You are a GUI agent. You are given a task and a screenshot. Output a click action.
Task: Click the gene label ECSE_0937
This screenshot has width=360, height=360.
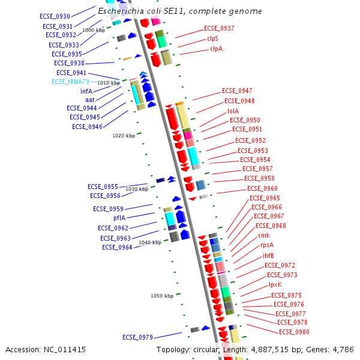[x=219, y=28]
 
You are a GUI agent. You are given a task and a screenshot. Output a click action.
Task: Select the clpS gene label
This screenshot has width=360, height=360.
[x=213, y=38]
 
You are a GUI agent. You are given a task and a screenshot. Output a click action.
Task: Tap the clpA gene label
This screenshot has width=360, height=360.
[x=216, y=49]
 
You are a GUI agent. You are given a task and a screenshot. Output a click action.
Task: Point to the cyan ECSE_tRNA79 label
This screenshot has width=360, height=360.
[x=70, y=82]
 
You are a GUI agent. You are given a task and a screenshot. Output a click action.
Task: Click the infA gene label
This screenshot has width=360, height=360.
[x=86, y=91]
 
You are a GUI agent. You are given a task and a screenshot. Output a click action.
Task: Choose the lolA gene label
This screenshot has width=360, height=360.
[x=233, y=111]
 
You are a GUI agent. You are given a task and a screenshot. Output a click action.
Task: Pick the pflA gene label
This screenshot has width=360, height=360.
[x=119, y=218]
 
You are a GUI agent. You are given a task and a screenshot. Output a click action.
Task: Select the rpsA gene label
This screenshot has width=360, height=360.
[x=267, y=245]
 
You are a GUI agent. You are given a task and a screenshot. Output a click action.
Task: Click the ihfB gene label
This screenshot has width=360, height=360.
[x=268, y=256]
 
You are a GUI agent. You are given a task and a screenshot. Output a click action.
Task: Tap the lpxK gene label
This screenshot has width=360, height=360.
[x=275, y=284]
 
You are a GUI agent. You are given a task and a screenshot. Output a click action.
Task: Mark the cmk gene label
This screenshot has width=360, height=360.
[x=264, y=235]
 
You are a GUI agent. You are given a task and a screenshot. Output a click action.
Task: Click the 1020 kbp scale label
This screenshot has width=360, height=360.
[x=124, y=136]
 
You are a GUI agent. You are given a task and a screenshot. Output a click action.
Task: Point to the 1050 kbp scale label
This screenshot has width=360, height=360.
[x=162, y=296]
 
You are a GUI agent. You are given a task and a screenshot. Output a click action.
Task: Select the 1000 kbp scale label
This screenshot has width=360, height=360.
[x=94, y=30]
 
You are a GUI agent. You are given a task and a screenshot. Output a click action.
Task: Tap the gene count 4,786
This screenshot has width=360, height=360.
[x=342, y=349]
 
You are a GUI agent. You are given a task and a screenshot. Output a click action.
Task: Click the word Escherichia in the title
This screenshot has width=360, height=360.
[x=124, y=11]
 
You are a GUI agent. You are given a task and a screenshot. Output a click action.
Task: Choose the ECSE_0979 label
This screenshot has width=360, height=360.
[x=138, y=337]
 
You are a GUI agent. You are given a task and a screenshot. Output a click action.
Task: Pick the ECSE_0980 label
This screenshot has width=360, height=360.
[x=294, y=332]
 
